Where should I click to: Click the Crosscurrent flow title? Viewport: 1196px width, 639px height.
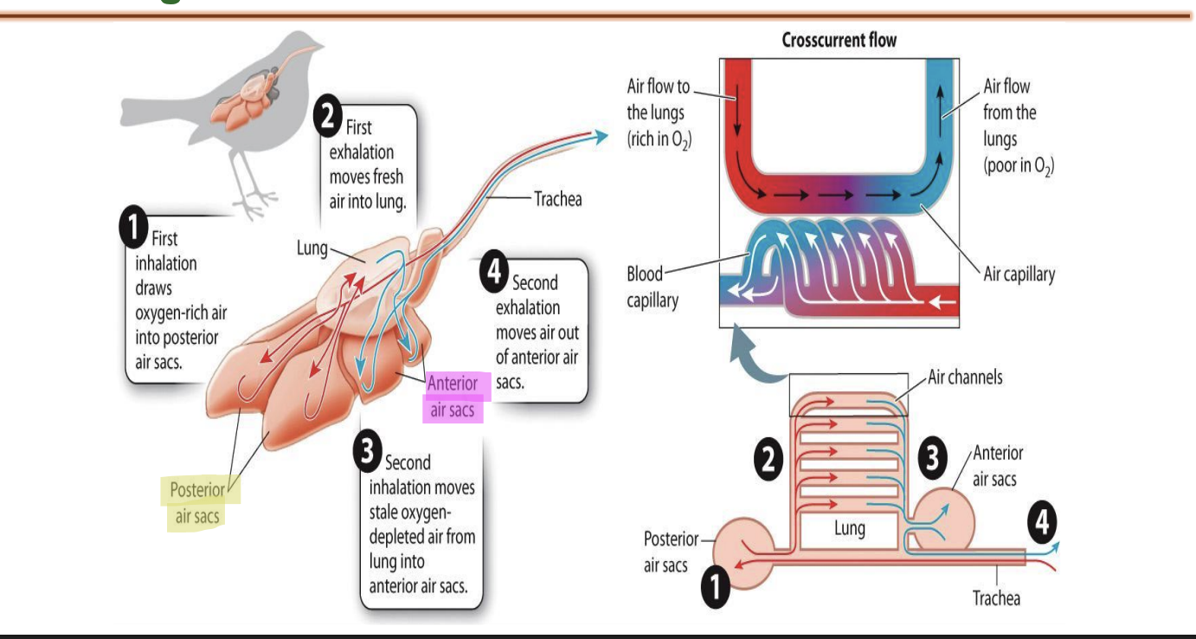839,40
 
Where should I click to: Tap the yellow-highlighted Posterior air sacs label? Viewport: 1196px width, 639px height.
198,503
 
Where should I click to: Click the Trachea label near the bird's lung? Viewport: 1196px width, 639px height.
557,199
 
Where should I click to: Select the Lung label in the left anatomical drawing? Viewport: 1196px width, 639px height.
312,249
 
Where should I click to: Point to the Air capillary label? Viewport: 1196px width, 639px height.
1019,274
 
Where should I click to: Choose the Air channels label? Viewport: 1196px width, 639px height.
964,378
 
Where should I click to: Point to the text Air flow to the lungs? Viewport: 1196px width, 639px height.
658,112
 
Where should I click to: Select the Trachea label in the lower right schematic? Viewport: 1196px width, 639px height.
995,597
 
